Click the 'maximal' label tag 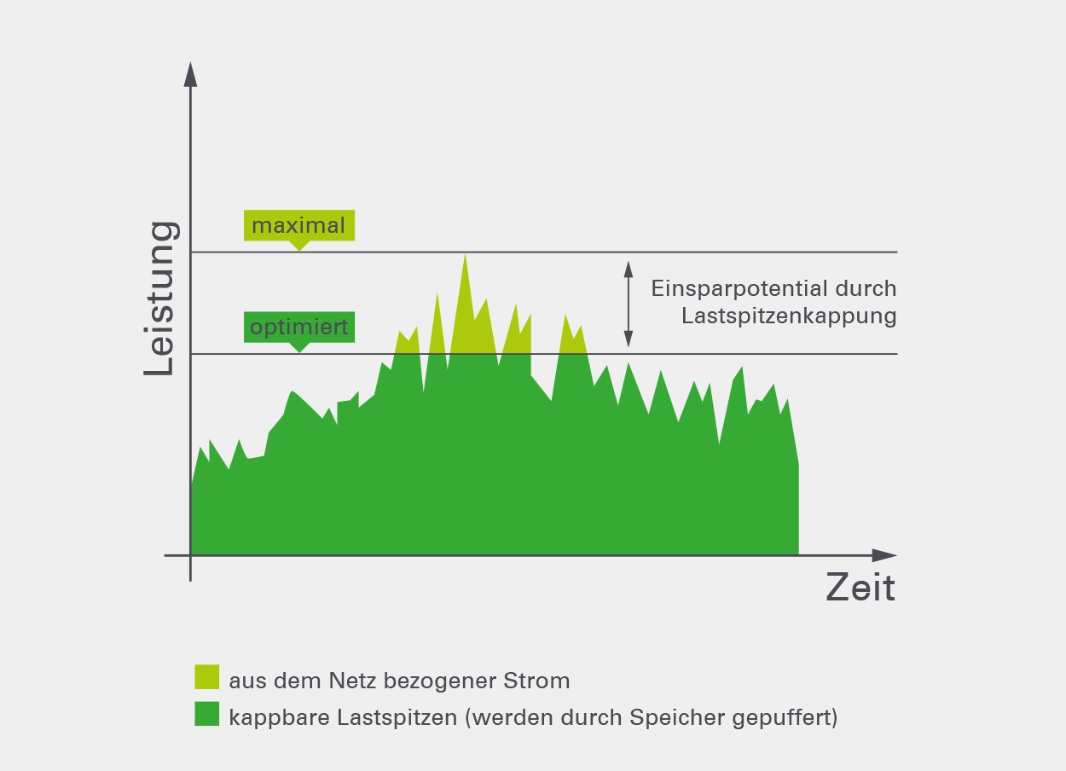[298, 225]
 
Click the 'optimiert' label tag [298, 328]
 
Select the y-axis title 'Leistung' [160, 298]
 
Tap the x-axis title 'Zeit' [860, 588]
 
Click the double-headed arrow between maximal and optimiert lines [629, 304]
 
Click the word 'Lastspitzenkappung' [789, 316]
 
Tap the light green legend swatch [207, 677]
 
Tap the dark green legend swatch [207, 714]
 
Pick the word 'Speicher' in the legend [678, 717]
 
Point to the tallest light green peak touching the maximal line [465, 273]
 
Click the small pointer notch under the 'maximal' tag [298, 246]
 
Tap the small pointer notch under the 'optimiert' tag [298, 348]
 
